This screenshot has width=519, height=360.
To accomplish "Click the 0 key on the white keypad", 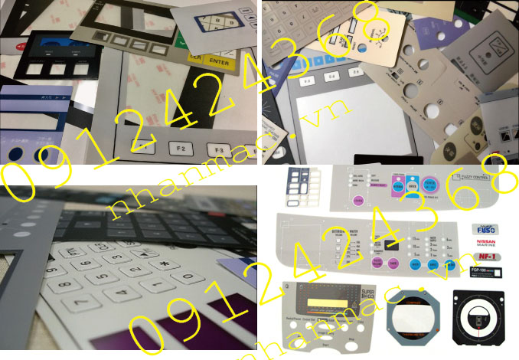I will (x=187, y=277).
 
